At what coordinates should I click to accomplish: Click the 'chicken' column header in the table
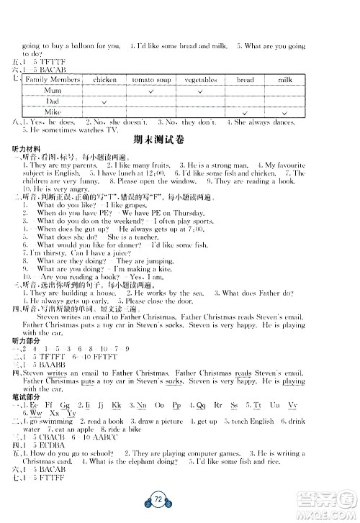point(105,80)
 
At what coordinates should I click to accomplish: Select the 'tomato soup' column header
point(150,80)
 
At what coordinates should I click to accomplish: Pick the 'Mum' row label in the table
point(53,91)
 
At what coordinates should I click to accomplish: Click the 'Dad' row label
point(53,101)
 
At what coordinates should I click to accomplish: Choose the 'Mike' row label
point(53,112)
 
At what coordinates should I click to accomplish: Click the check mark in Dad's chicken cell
point(105,101)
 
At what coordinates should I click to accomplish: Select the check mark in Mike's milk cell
point(287,112)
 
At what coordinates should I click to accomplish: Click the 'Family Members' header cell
point(53,80)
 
